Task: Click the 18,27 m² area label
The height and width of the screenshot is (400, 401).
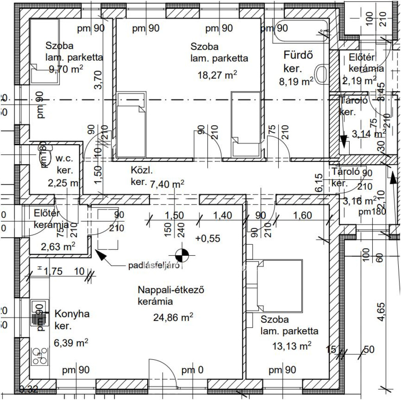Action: [x=218, y=75]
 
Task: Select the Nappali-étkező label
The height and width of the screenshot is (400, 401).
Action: [x=172, y=290]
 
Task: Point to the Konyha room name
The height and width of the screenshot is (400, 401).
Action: [x=72, y=314]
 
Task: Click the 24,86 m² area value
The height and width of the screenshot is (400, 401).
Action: [x=173, y=317]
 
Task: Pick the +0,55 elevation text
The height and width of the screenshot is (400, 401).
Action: [x=208, y=238]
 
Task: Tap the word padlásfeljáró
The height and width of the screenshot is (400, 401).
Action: [x=154, y=266]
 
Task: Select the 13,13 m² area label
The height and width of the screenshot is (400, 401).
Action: [x=291, y=346]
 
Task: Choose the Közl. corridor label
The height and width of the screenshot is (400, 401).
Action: [x=141, y=171]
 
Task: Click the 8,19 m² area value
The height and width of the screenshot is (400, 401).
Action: [x=296, y=82]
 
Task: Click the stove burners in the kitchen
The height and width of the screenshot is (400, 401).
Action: [x=39, y=356]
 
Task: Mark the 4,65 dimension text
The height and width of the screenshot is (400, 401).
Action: [x=380, y=309]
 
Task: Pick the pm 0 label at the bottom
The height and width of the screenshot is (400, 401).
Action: [x=192, y=370]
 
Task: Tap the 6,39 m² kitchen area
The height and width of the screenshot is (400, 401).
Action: [x=71, y=343]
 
